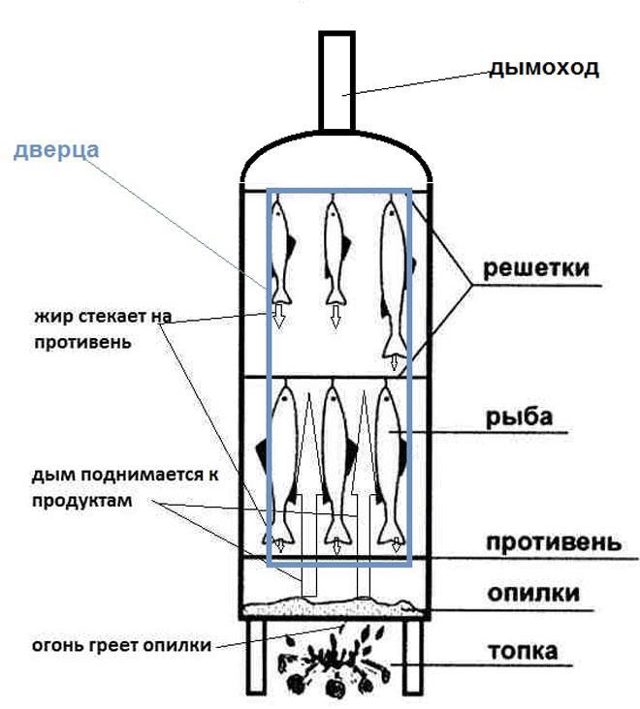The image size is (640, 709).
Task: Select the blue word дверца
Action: pyautogui.click(x=56, y=151)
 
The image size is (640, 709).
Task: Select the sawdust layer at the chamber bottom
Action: pyautogui.click(x=335, y=606)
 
